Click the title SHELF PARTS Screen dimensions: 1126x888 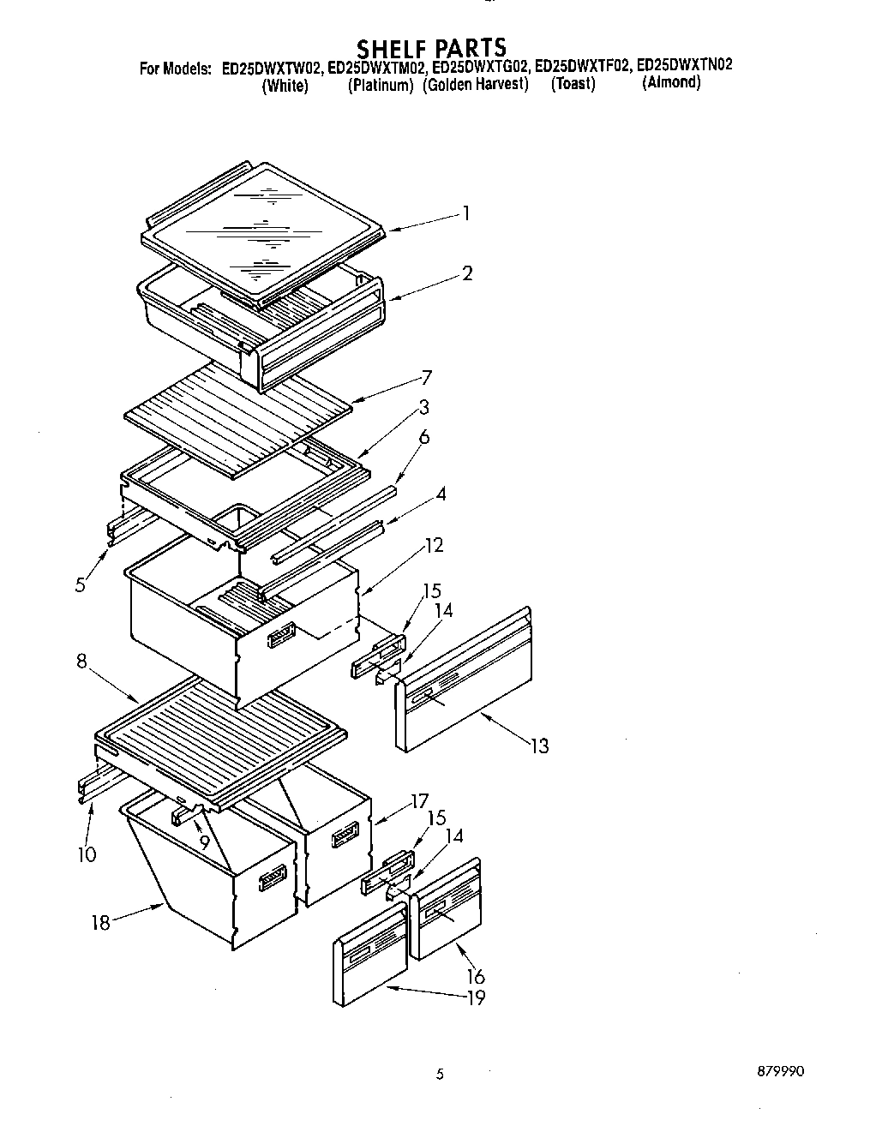pyautogui.click(x=431, y=46)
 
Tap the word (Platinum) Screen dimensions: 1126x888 pyautogui.click(x=381, y=86)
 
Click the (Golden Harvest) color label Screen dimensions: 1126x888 pyautogui.click(x=475, y=86)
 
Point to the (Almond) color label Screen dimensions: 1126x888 pyautogui.click(x=671, y=83)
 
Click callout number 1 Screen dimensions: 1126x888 pyautogui.click(x=465, y=213)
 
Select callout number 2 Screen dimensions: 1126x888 pyautogui.click(x=466, y=273)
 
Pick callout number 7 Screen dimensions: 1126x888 pyautogui.click(x=426, y=378)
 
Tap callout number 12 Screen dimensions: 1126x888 pyautogui.click(x=434, y=545)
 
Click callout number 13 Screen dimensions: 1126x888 pyautogui.click(x=538, y=746)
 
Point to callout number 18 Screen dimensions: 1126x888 pyautogui.click(x=101, y=924)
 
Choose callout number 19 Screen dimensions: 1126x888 pyautogui.click(x=476, y=997)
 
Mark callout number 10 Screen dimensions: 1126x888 pyautogui.click(x=87, y=854)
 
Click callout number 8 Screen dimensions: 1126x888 pyautogui.click(x=82, y=662)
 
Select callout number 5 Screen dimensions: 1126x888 pyautogui.click(x=80, y=586)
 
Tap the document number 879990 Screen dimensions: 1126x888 pyautogui.click(x=780, y=1072)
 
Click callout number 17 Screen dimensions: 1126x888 pyautogui.click(x=419, y=802)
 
